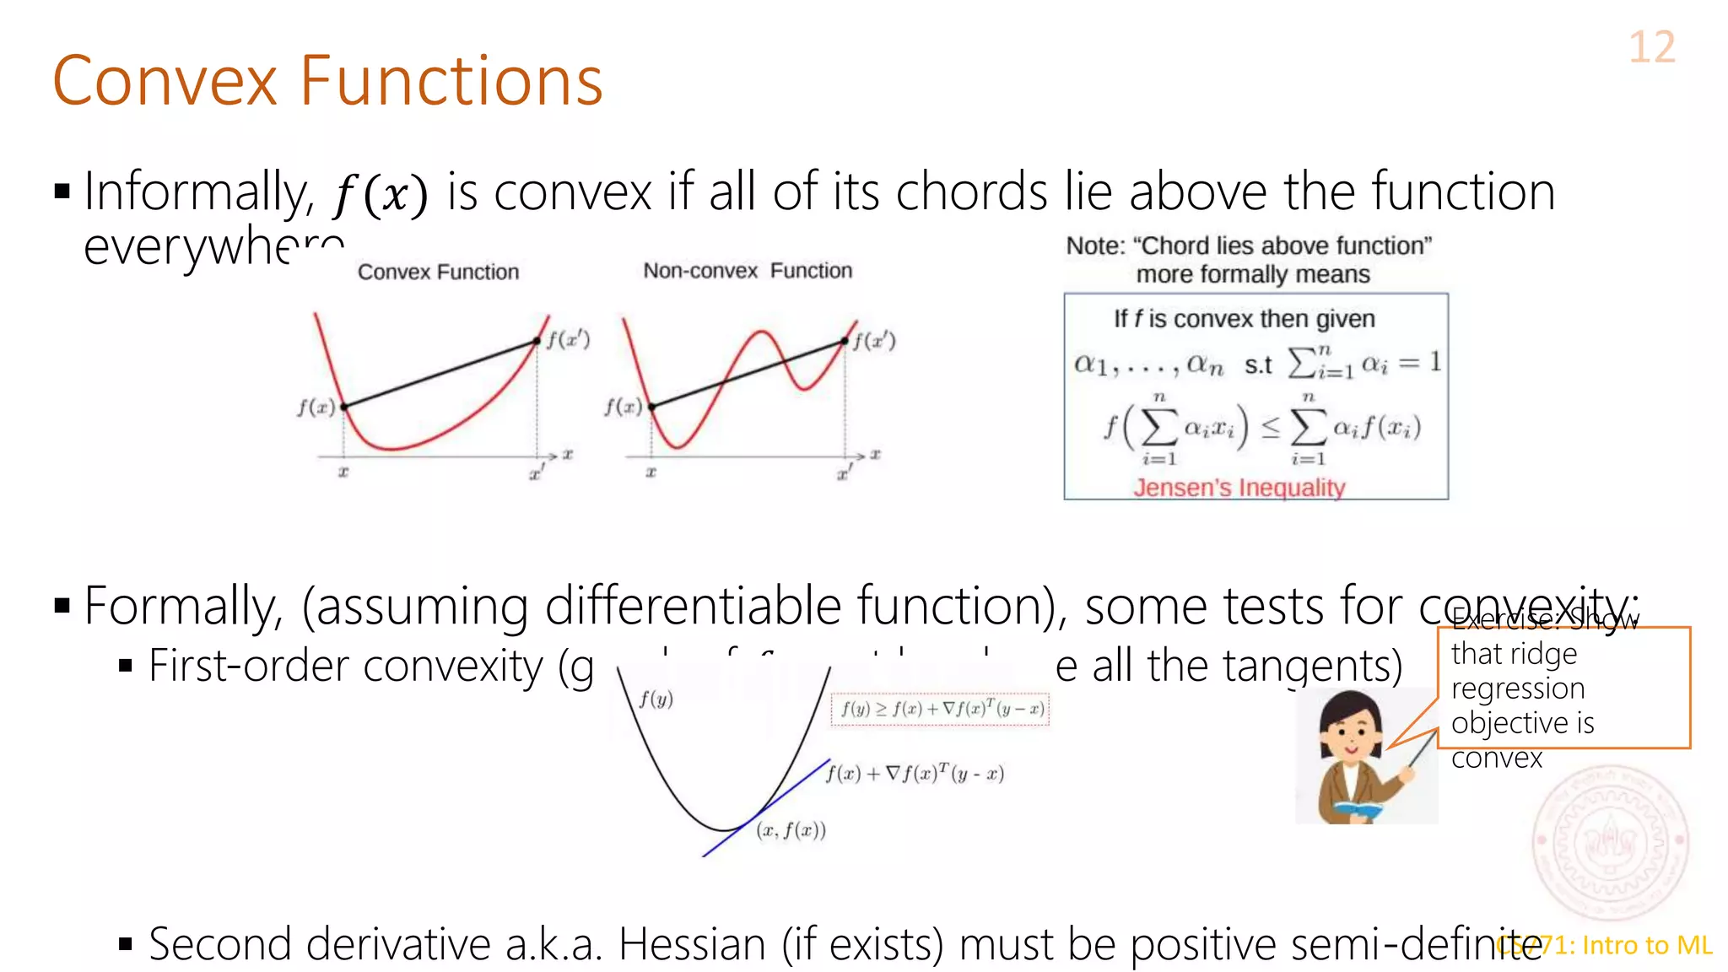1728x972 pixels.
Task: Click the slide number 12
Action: coord(1651,47)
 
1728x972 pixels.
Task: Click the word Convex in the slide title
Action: coord(165,81)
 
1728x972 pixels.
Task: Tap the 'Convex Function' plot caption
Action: coord(438,272)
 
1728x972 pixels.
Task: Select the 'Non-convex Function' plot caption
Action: coord(748,271)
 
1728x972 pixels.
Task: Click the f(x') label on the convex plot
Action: coord(568,339)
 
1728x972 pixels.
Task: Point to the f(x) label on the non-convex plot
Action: coord(623,407)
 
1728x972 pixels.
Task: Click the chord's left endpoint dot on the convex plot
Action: coord(344,407)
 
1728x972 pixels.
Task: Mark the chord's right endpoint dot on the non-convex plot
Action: coord(845,341)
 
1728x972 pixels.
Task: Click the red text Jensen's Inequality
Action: coord(1239,488)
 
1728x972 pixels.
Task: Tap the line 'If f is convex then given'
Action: coord(1244,319)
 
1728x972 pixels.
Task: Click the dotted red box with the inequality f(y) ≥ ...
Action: coord(941,709)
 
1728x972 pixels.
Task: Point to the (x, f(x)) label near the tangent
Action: coord(791,830)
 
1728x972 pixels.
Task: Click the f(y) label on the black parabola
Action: coord(656,699)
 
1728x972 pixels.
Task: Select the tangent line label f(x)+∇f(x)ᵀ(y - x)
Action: coord(915,773)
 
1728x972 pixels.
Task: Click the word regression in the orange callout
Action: coord(1517,688)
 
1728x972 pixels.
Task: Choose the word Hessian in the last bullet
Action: coord(692,943)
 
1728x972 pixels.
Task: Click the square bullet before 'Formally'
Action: coord(62,605)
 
